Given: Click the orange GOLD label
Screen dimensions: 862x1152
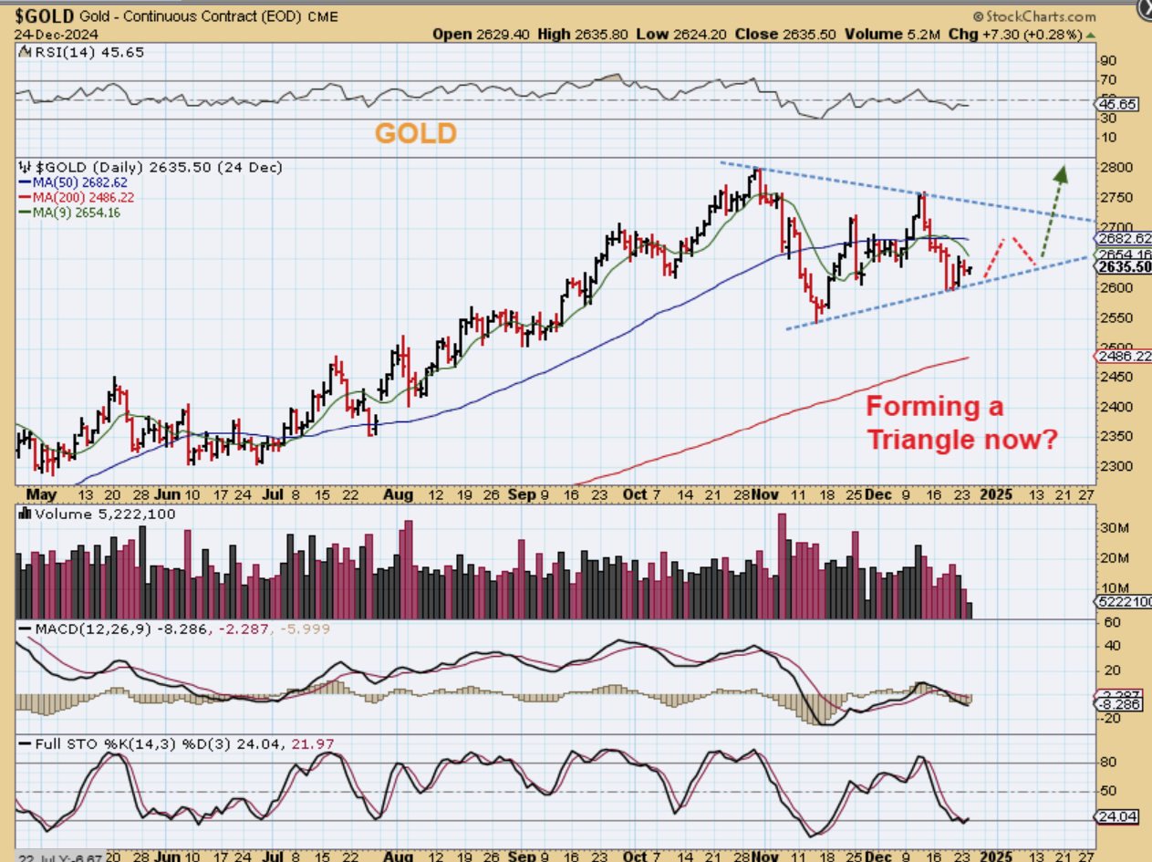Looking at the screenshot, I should point(416,133).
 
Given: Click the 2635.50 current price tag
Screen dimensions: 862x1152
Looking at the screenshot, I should point(1123,267).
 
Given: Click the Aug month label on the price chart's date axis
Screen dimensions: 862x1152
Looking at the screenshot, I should point(398,495).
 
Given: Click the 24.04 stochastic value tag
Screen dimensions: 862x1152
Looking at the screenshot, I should point(1119,817).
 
